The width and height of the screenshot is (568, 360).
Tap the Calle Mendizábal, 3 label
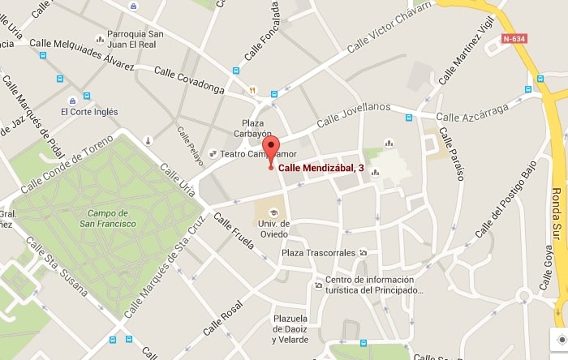click(321, 169)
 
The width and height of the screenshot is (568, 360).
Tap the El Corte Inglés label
click(88, 112)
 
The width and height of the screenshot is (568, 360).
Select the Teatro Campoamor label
click(253, 153)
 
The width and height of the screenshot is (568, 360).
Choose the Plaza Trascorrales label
click(317, 253)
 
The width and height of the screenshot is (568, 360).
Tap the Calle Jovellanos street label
click(354, 114)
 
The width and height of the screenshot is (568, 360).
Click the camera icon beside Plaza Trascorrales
click(363, 253)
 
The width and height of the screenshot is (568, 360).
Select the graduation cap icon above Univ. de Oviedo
click(273, 212)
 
